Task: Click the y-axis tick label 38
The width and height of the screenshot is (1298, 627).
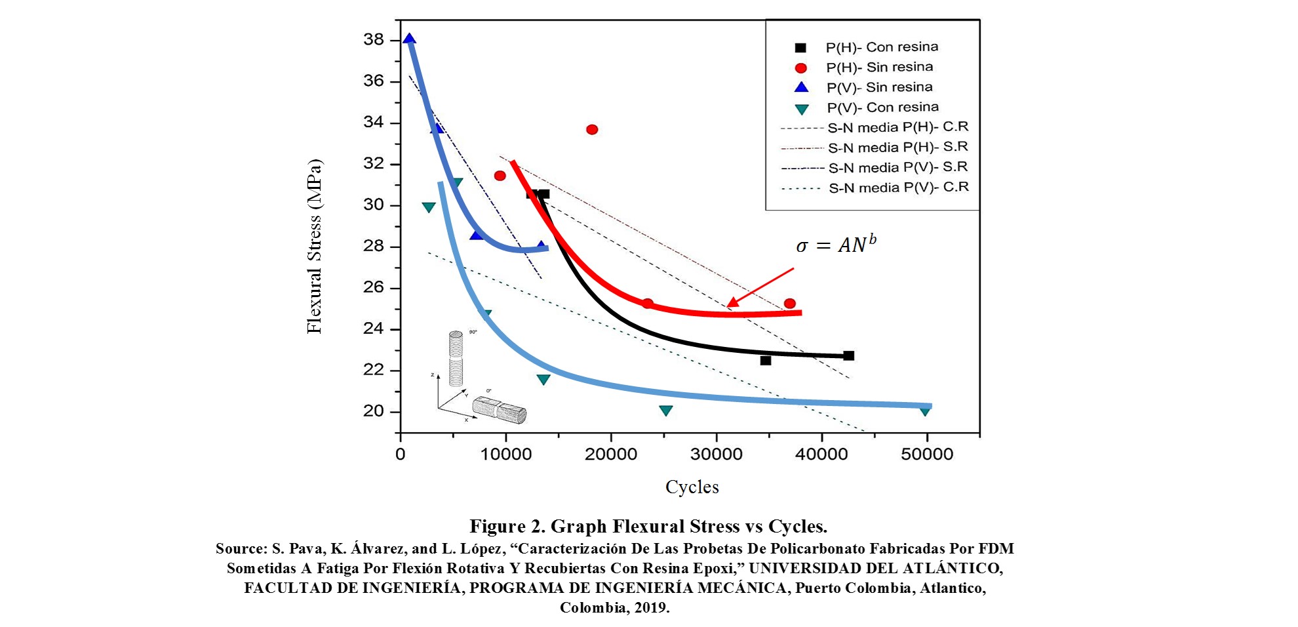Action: (374, 39)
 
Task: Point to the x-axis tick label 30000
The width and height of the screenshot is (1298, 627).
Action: (716, 455)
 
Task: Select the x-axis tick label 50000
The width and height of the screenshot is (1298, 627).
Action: (926, 455)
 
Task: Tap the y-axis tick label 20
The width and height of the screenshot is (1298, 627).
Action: (374, 411)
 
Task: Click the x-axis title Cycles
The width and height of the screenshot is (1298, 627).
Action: (692, 487)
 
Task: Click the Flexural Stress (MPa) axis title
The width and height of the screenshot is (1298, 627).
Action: (315, 246)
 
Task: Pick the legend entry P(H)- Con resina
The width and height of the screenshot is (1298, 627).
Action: (882, 47)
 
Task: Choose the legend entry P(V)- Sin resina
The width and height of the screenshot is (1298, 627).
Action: (879, 87)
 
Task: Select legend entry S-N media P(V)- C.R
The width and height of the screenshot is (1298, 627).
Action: (898, 188)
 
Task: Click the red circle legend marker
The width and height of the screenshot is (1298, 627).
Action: (800, 68)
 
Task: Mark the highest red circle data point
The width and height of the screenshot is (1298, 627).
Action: (592, 129)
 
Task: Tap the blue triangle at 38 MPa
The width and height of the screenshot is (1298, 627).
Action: (410, 39)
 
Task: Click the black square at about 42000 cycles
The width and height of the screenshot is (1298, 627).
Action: (848, 355)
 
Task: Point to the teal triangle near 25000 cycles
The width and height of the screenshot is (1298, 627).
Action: (665, 411)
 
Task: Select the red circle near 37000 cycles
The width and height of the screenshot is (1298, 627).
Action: (789, 304)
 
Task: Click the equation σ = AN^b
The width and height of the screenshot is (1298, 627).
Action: (836, 245)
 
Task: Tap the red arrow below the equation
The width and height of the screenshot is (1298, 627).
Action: (760, 287)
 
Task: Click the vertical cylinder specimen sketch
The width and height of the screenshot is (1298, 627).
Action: (456, 358)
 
